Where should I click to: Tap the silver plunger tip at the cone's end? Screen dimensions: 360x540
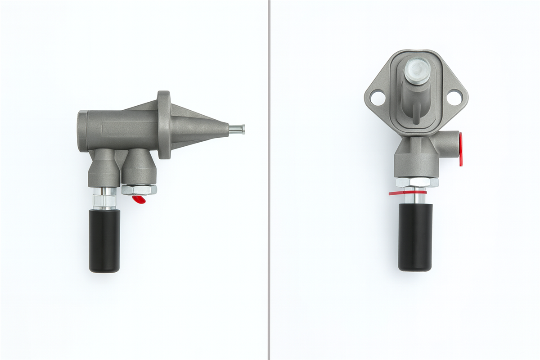[x=237, y=129]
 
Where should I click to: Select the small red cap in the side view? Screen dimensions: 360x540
[x=139, y=199]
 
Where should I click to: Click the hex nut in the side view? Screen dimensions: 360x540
[x=139, y=189]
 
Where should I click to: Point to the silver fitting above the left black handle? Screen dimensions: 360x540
[x=104, y=198]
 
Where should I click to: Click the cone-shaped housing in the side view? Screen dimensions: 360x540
[x=198, y=128]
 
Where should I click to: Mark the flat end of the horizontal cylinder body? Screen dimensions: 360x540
[x=81, y=131]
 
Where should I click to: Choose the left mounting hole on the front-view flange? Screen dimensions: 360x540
[x=378, y=97]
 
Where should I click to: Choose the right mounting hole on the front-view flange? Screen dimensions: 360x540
[x=454, y=97]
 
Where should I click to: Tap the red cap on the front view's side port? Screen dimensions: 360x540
[x=460, y=148]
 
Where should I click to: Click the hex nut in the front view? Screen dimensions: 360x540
[x=417, y=182]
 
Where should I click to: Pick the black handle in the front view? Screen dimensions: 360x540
[x=415, y=237]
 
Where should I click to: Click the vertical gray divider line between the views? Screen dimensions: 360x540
[x=269, y=180]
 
